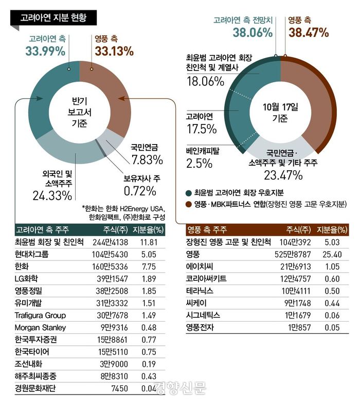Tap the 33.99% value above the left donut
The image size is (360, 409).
[45, 51]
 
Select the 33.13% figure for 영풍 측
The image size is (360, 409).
[114, 51]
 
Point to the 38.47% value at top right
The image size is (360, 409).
[309, 33]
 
